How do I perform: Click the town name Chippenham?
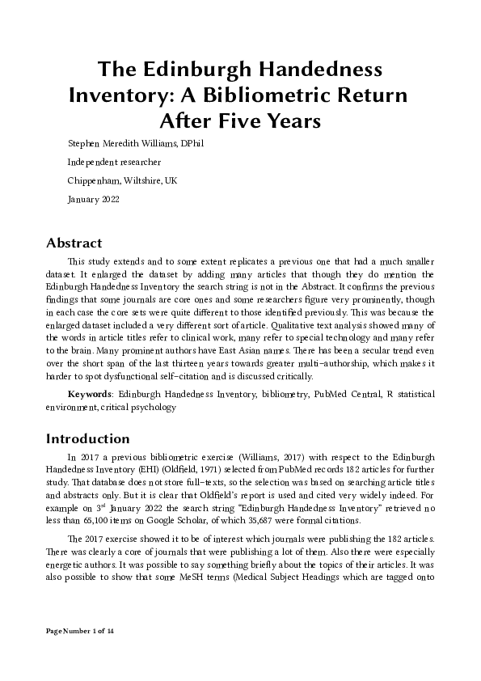(x=93, y=180)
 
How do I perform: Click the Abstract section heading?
(x=74, y=243)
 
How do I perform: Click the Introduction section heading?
(x=87, y=439)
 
